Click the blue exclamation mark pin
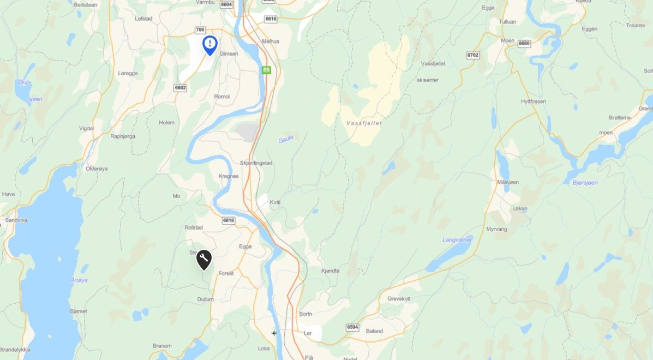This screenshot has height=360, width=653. pyautogui.click(x=210, y=44)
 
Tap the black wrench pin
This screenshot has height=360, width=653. pyautogui.click(x=203, y=259)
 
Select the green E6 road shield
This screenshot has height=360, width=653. pyautogui.click(x=266, y=70)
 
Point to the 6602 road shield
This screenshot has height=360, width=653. pyautogui.click(x=180, y=87)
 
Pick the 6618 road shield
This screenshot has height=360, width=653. pyautogui.click(x=229, y=220)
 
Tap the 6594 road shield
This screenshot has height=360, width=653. pyautogui.click(x=352, y=327)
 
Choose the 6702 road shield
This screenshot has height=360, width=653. pyautogui.click(x=472, y=55)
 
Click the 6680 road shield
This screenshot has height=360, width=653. pyautogui.click(x=524, y=43)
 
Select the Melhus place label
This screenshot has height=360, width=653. pyautogui.click(x=271, y=41)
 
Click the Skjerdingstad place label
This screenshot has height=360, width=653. pyautogui.click(x=256, y=163)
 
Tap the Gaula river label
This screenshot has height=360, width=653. pyautogui.click(x=286, y=140)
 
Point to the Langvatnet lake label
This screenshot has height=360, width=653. pyautogui.click(x=457, y=239)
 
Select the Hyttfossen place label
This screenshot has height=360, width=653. pyautogui.click(x=533, y=101)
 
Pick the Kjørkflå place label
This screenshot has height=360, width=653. pyautogui.click(x=331, y=270)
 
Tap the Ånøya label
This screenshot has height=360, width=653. pyautogui.click(x=79, y=280)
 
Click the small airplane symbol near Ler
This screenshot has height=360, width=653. pyautogui.click(x=274, y=333)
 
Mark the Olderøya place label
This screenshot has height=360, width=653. pyautogui.click(x=97, y=169)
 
